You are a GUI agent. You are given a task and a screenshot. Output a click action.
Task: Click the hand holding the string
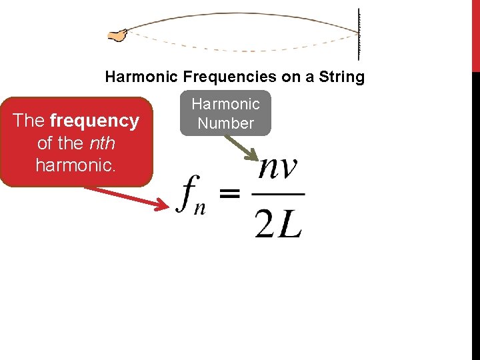[x=118, y=35]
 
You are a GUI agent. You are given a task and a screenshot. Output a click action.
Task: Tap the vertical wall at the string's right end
[x=359, y=33]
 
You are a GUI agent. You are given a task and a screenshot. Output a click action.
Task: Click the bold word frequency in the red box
[x=94, y=121]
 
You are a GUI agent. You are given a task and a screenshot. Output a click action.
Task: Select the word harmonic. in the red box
[x=76, y=165]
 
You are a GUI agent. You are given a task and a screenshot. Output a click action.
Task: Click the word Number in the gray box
[x=226, y=123]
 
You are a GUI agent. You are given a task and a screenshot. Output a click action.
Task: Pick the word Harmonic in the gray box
[x=226, y=104]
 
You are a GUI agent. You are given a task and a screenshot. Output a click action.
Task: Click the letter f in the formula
[x=187, y=194]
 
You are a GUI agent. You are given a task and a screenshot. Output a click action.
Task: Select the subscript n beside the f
[x=199, y=207]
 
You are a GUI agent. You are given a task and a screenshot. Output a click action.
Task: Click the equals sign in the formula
[x=229, y=194]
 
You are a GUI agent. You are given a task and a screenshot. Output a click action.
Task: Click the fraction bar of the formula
[x=279, y=195]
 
